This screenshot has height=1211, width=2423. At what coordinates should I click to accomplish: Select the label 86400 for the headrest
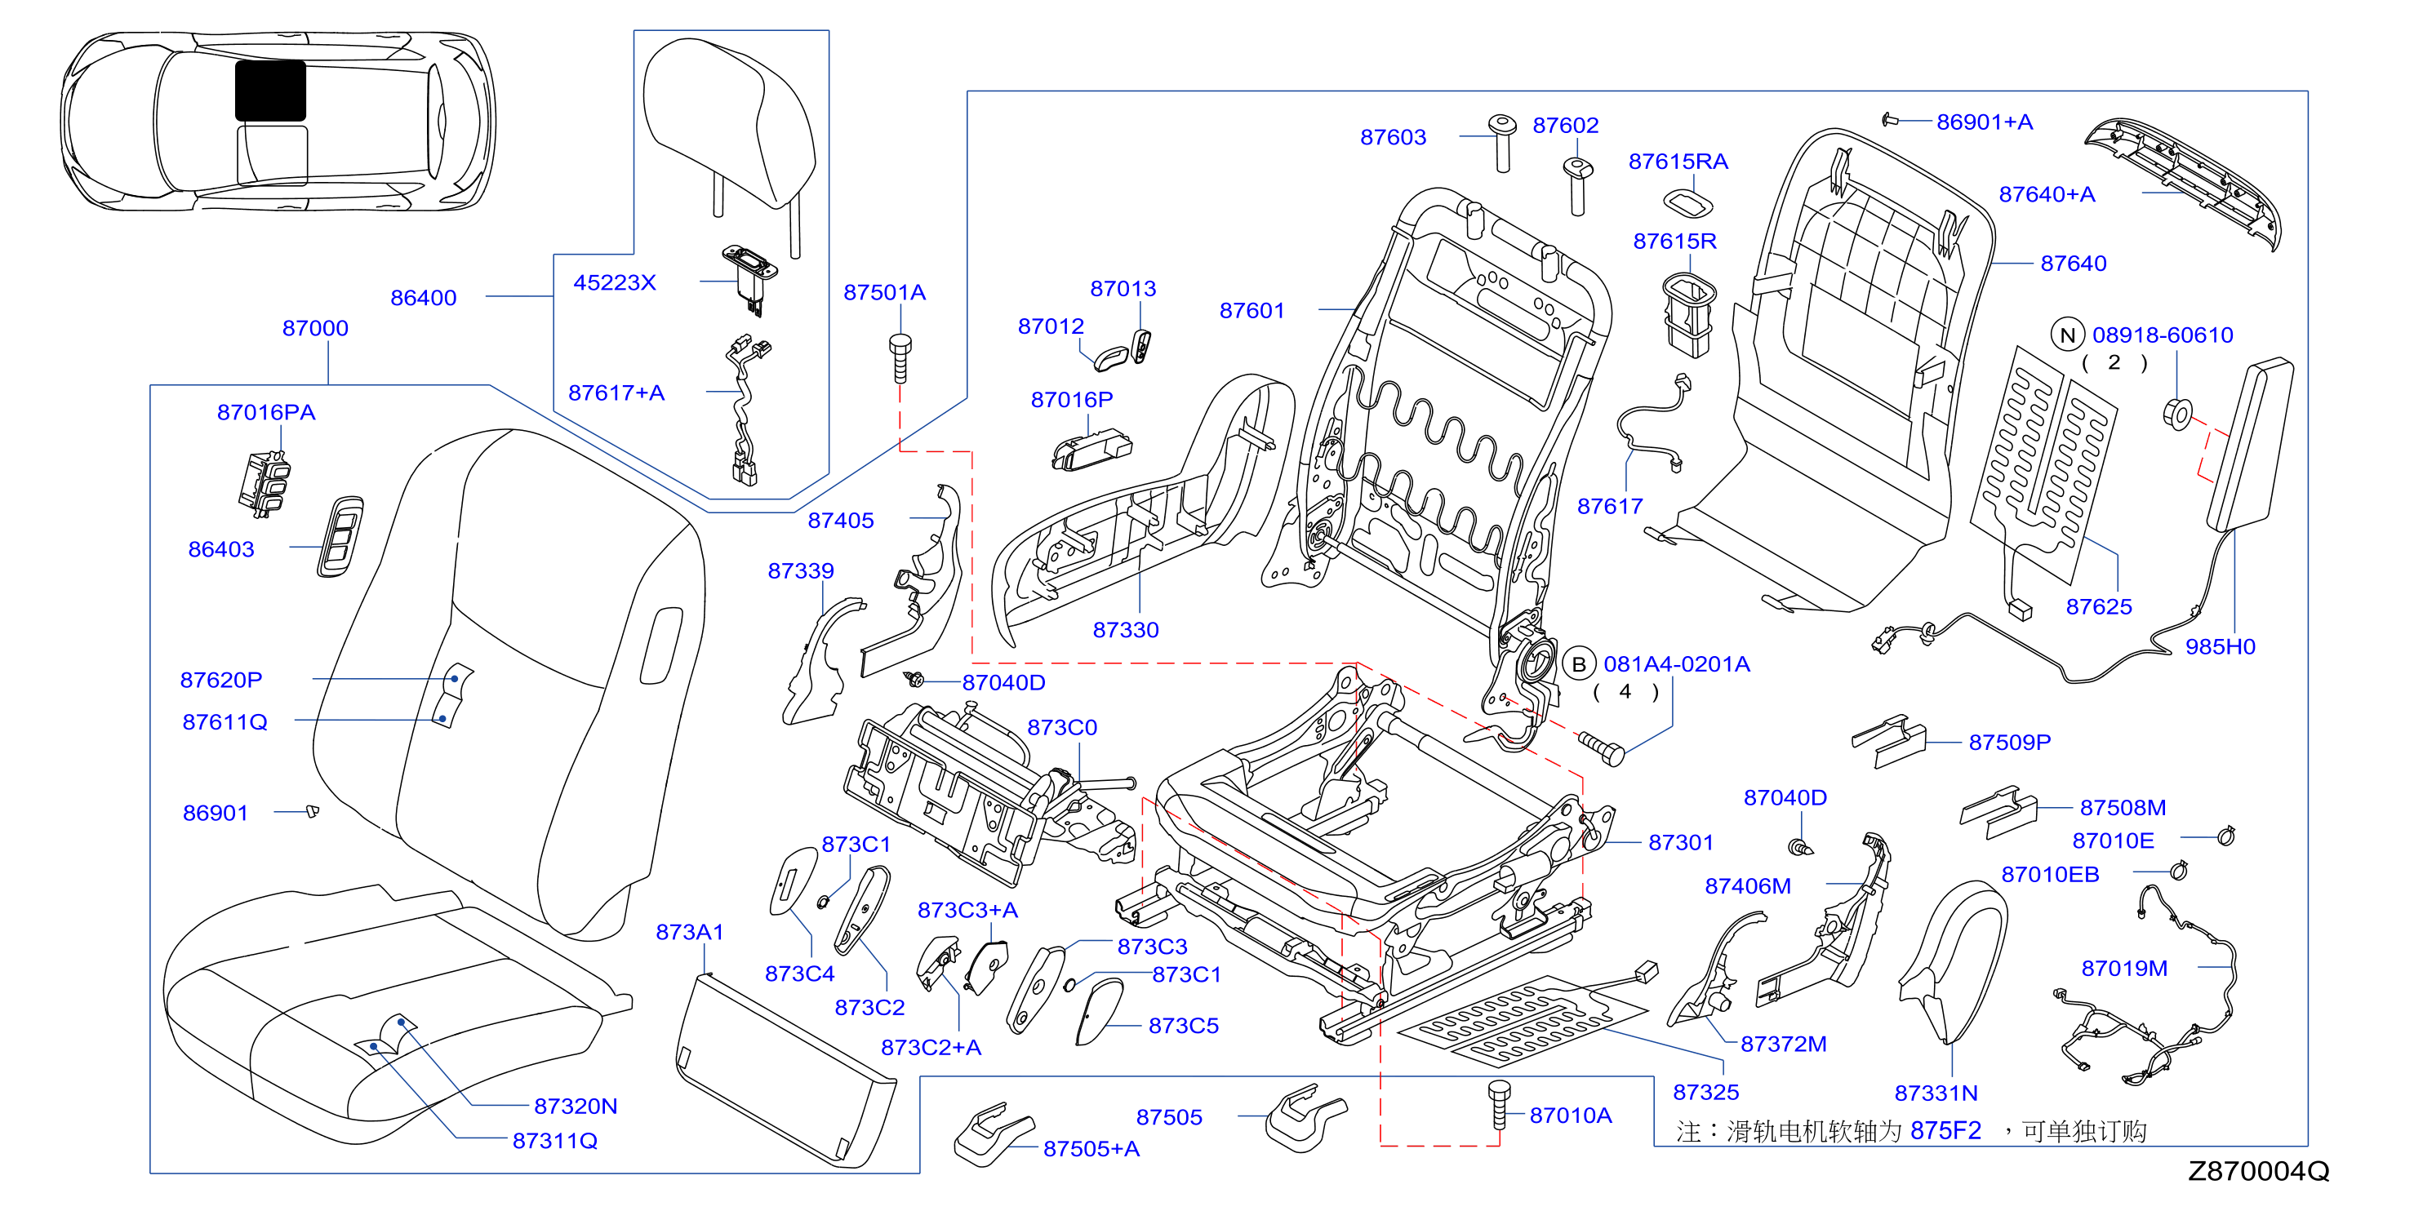[x=423, y=297]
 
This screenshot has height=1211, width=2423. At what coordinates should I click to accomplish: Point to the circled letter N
[x=2067, y=335]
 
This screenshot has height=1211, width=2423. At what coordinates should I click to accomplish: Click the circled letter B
[x=1579, y=663]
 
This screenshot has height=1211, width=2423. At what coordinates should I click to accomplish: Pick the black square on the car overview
[x=270, y=91]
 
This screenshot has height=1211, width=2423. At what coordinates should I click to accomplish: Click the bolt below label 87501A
[x=900, y=357]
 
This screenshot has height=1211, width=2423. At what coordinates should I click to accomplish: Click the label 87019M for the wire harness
[x=2124, y=968]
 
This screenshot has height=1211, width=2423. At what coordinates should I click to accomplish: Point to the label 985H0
[x=2220, y=646]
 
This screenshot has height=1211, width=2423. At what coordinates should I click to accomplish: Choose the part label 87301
[x=1681, y=842]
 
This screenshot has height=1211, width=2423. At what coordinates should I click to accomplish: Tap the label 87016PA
[x=266, y=412]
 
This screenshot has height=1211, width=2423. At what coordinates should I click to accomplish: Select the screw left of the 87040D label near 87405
[x=914, y=679]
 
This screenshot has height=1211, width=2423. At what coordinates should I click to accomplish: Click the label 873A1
[x=690, y=932]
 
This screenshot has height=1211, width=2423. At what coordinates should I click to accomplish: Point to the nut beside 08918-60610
[x=2178, y=414]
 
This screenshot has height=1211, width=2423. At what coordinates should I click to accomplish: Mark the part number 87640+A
[x=2047, y=193]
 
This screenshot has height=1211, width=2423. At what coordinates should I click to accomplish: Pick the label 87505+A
[x=1091, y=1148]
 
